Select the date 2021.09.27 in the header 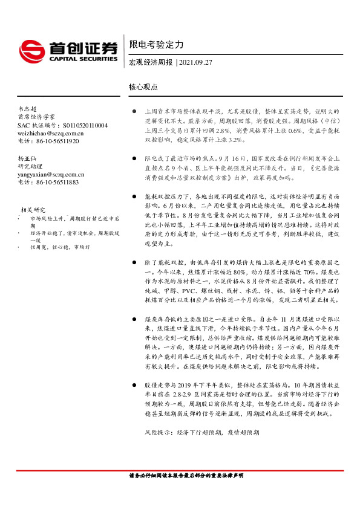196,62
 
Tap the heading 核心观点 143,87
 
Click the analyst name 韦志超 27,107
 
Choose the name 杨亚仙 27,158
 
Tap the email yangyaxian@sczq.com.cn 51,174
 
